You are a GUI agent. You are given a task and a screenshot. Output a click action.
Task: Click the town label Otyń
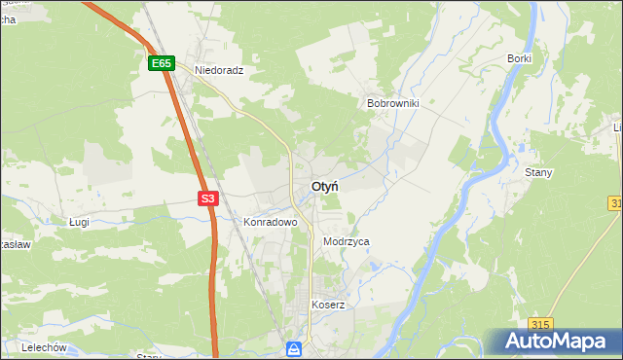coord(325,186)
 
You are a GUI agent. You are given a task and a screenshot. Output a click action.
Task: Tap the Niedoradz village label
coord(218,71)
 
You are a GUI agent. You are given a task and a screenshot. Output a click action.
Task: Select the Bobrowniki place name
coord(392,102)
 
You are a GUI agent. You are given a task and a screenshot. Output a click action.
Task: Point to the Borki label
coord(519,58)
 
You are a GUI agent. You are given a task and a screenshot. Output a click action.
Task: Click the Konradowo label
coord(269,222)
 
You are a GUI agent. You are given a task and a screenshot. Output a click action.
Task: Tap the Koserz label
coord(328,305)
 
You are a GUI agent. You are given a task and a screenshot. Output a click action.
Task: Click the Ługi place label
coord(80,222)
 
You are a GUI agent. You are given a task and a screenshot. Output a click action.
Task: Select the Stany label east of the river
coord(538,172)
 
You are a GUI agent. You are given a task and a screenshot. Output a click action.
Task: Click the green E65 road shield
coord(162,63)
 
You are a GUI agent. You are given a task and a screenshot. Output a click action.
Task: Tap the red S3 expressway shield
coord(207,198)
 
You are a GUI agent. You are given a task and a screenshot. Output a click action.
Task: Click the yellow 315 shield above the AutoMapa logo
coord(541,324)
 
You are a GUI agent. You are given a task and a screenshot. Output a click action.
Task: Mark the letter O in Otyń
coord(315,186)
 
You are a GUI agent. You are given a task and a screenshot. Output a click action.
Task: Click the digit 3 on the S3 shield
coord(211,198)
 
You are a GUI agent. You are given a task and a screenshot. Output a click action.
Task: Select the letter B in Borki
coord(510,58)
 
